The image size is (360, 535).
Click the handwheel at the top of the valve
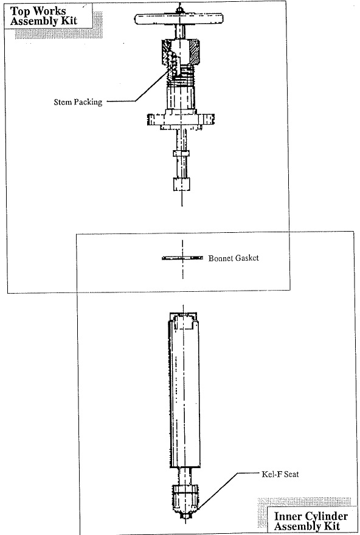pos(179,19)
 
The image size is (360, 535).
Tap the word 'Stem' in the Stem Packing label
pos(62,102)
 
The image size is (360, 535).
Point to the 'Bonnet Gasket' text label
pos(234,258)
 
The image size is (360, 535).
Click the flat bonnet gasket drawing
pos(182,258)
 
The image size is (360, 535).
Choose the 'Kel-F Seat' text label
pos(280,474)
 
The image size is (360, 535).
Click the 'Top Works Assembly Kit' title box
pos(48,16)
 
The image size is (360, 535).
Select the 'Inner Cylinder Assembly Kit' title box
pos(311,520)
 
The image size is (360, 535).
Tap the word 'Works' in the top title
pos(50,11)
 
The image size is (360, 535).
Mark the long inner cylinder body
pos(184,389)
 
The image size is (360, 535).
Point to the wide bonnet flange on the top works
pos(181,119)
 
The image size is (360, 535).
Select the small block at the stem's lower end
pos(181,184)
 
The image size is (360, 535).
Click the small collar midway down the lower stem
pos(181,153)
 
